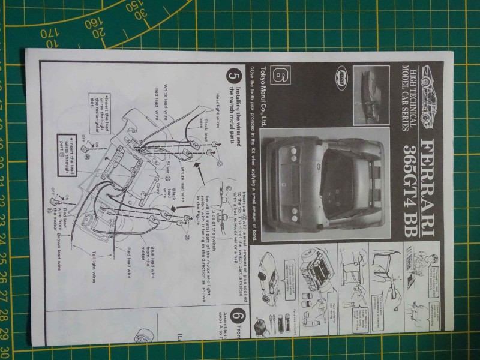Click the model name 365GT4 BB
(413, 186)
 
